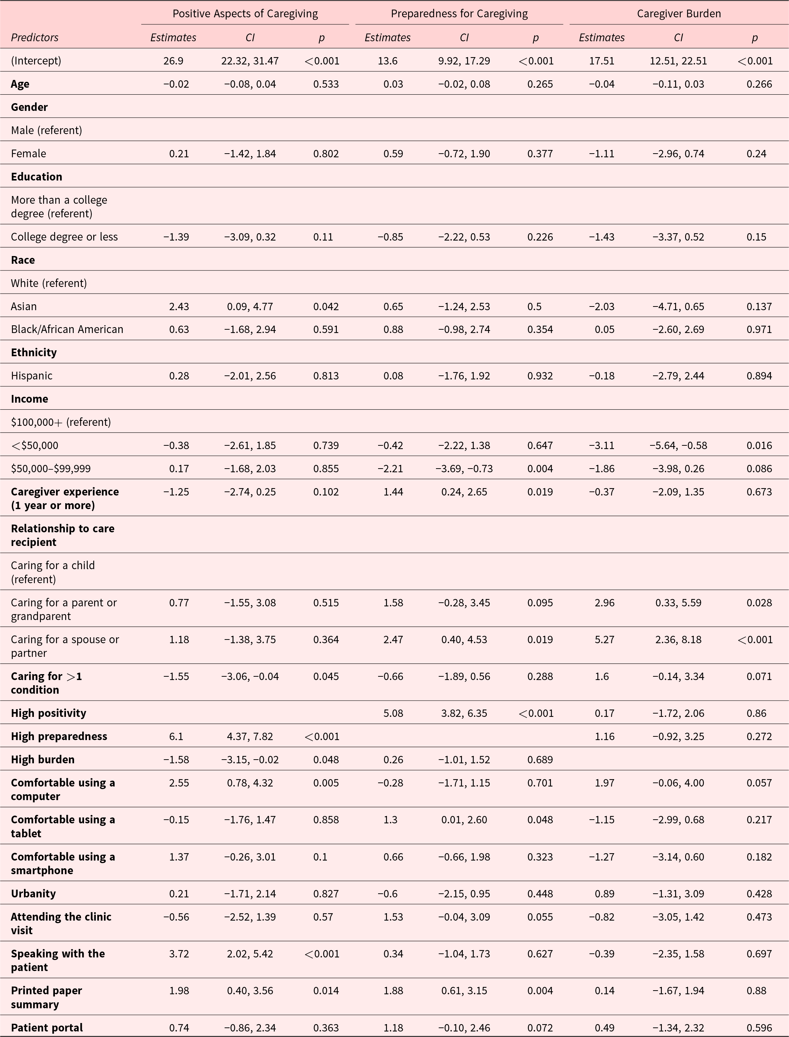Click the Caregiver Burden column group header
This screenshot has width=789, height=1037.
[x=679, y=14]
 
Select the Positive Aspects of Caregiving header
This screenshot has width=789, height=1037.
[x=245, y=14]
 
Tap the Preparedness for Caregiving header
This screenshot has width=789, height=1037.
[x=459, y=14]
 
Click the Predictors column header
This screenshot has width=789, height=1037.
[x=35, y=38]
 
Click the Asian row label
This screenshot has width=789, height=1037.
[x=24, y=306]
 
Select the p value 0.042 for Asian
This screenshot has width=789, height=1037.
[x=326, y=306]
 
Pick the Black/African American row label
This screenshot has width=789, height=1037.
[x=67, y=330]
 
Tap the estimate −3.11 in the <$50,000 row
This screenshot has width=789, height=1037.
[x=602, y=445]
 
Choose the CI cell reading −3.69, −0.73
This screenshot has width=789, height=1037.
[x=464, y=469]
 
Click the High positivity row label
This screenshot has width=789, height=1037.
[x=48, y=713]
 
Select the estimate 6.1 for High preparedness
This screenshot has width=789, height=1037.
[x=176, y=736]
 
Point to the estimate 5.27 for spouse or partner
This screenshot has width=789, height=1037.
[x=604, y=640]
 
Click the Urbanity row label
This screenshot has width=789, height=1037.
[x=33, y=894]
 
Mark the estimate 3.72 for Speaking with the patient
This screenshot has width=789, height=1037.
[x=179, y=954]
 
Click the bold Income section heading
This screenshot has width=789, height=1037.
[x=29, y=399]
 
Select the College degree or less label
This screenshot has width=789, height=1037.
[x=64, y=237]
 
